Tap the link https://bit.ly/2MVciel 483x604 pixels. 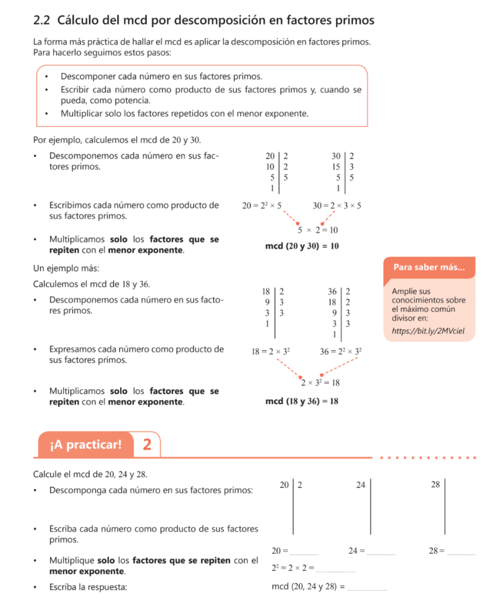(424, 331)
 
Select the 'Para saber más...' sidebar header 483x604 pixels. (428, 267)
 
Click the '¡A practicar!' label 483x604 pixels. (86, 444)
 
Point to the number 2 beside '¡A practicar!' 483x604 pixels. (147, 444)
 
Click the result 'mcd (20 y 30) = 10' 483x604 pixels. (302, 246)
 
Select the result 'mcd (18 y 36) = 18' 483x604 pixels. (302, 402)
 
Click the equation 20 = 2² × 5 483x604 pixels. (262, 206)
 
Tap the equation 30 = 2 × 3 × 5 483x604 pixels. (337, 206)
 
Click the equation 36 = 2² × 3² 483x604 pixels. (340, 352)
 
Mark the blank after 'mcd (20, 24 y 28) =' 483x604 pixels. (368, 589)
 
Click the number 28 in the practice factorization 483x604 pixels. (435, 485)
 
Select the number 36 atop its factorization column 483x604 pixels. (332, 291)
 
